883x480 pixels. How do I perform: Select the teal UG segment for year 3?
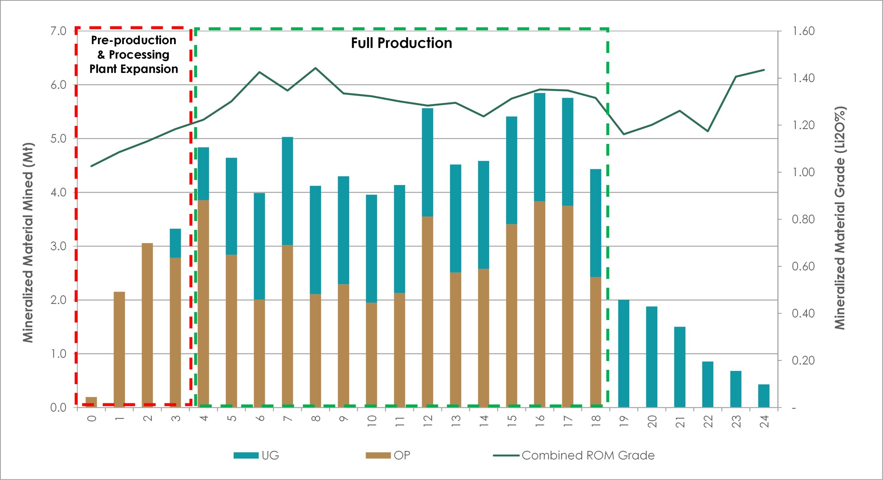[175, 243]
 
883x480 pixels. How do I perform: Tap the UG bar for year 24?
[764, 396]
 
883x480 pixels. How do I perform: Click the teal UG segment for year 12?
[427, 163]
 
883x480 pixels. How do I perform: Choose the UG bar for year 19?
[624, 353]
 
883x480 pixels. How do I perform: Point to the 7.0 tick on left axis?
[58, 31]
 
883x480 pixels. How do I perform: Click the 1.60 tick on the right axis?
[803, 31]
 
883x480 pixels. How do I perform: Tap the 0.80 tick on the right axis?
[803, 219]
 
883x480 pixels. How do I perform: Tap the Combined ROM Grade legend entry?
[574, 455]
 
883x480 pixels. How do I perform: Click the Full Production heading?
[401, 43]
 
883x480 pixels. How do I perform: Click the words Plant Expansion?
[134, 69]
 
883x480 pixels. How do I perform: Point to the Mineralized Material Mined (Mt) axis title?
[28, 242]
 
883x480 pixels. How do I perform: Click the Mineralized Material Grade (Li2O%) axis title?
[840, 218]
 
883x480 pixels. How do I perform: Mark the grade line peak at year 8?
[315, 68]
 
